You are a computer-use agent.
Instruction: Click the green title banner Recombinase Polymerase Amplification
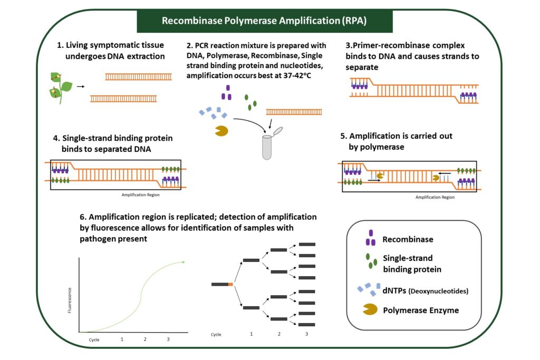(265, 21)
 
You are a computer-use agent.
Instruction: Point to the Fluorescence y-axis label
(70, 300)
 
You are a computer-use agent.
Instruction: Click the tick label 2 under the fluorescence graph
(145, 339)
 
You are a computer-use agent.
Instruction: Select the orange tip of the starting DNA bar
(230, 285)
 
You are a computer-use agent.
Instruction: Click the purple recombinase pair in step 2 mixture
(228, 93)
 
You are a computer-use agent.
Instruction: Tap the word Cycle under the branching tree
(216, 334)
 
